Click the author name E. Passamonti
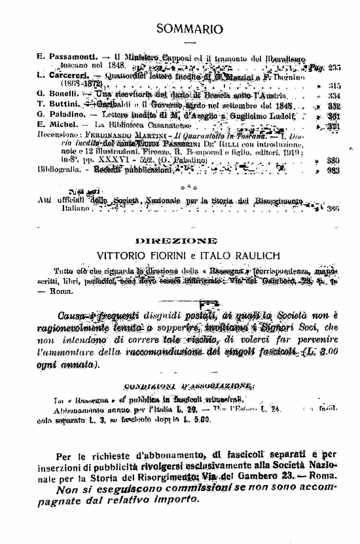[67, 58]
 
